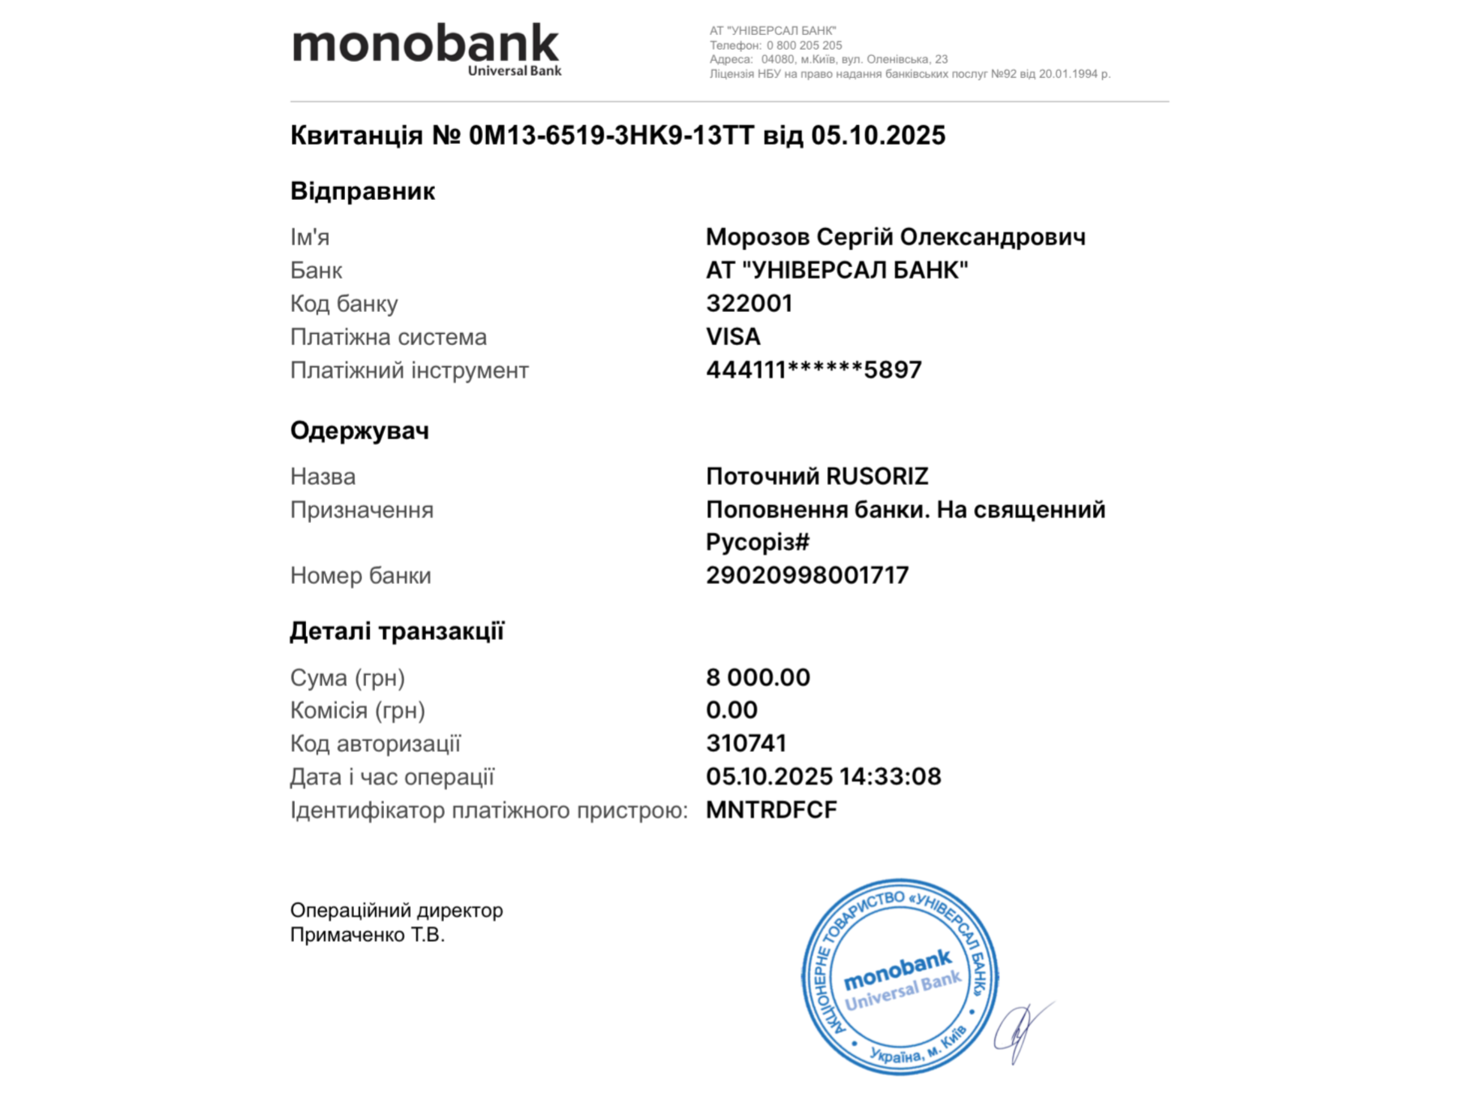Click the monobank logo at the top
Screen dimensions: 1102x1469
(x=426, y=49)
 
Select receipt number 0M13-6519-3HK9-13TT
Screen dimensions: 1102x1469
(x=611, y=135)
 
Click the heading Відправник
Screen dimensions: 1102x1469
(x=363, y=192)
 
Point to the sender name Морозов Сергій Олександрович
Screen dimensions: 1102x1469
(x=895, y=237)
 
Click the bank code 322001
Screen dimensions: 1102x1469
(x=749, y=304)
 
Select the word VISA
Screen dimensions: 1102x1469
(x=733, y=337)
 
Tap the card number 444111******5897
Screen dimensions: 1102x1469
(x=813, y=370)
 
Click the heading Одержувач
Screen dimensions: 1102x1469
(x=359, y=430)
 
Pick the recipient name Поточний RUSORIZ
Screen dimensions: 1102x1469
(x=817, y=476)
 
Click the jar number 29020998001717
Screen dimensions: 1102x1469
(x=807, y=575)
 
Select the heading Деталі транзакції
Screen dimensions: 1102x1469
(x=397, y=631)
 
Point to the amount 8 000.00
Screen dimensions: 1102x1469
(x=758, y=677)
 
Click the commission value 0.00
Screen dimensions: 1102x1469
(x=731, y=710)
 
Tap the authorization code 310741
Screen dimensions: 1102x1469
(x=746, y=743)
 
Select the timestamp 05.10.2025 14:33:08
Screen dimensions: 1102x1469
(x=823, y=777)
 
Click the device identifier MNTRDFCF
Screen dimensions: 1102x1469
(x=771, y=810)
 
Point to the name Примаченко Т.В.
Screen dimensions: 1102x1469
(x=367, y=935)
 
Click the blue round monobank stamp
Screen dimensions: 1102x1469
(x=900, y=976)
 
